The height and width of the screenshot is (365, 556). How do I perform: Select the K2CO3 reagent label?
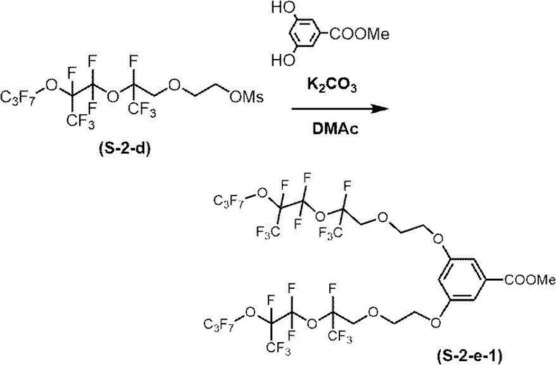point(331,87)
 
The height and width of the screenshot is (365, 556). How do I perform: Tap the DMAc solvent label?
point(336,129)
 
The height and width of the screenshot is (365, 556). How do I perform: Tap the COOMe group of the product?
point(530,280)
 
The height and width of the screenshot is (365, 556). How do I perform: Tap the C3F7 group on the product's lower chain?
point(220,324)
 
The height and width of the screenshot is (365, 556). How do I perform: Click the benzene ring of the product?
point(462,280)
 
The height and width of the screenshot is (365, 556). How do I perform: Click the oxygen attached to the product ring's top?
point(438,238)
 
